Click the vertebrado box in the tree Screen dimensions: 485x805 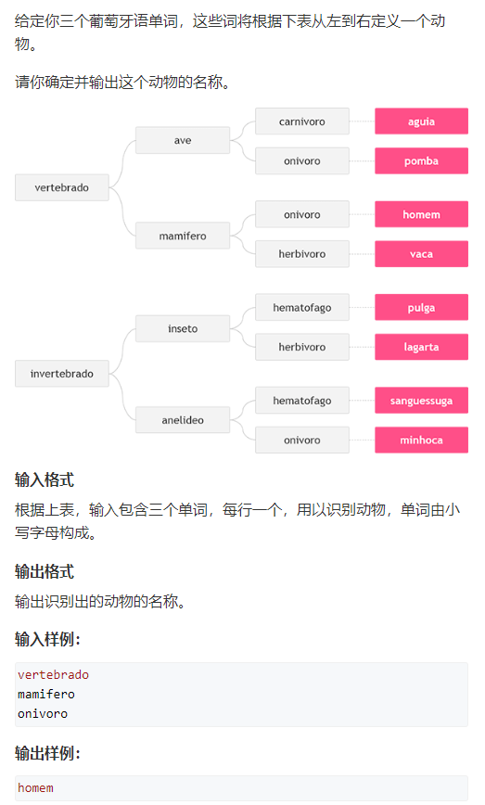61,187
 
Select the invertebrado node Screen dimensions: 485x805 61,373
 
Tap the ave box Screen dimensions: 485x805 182,140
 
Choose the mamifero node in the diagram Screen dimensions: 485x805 182,236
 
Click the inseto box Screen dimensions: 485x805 182,328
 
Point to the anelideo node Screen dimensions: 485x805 182,420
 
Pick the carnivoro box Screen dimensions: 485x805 301,121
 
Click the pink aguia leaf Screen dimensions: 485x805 421,121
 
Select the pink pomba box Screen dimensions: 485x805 421,160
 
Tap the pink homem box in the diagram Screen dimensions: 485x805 421,214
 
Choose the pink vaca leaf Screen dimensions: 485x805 421,253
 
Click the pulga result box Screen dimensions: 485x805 421,307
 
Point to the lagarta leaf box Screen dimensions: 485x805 421,347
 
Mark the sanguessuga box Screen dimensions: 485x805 421,401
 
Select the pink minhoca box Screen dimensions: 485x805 421,440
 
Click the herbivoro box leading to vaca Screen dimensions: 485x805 301,253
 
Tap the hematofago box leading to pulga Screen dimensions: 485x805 301,307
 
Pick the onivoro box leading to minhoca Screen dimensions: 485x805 301,440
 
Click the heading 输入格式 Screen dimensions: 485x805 45,480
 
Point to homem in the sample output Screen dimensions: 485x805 35,788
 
